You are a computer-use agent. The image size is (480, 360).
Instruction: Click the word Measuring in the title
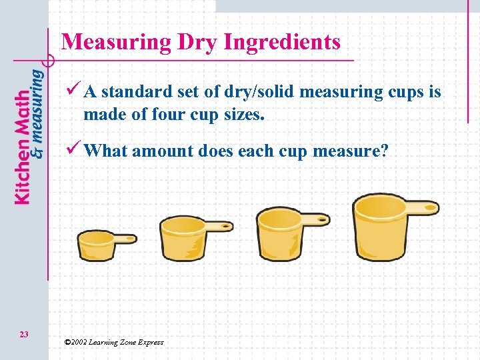tap(116, 42)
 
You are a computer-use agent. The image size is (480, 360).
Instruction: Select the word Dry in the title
tap(198, 42)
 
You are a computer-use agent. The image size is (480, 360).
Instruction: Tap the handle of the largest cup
tap(421, 207)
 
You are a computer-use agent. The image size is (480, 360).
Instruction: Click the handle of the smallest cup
tap(125, 238)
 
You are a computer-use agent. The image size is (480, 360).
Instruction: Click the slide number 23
tap(24, 333)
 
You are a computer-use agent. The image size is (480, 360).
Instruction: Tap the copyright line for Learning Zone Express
tap(113, 342)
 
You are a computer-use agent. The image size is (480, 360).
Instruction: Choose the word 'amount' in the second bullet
tap(159, 151)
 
